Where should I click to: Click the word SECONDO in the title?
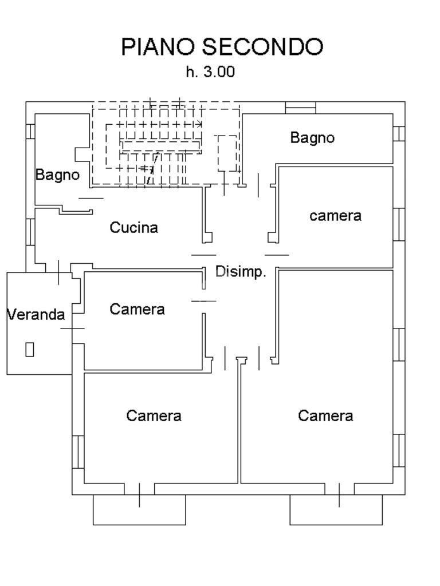coord(263,47)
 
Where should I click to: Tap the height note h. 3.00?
coord(210,72)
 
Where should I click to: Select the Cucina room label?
coord(133,228)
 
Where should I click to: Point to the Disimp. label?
coord(241,272)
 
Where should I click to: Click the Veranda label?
coord(36,314)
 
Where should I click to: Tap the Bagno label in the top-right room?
coord(312,138)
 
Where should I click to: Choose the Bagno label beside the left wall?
coord(57,175)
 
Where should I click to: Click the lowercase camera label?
coord(335,216)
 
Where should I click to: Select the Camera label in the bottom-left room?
coord(154,415)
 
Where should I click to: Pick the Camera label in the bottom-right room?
coord(325,415)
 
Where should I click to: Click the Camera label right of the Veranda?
coord(137,310)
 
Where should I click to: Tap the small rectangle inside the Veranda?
coord(30,349)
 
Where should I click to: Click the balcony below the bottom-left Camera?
coord(139,510)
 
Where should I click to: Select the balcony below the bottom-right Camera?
coord(336,510)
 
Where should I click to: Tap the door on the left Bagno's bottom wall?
coord(91,199)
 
